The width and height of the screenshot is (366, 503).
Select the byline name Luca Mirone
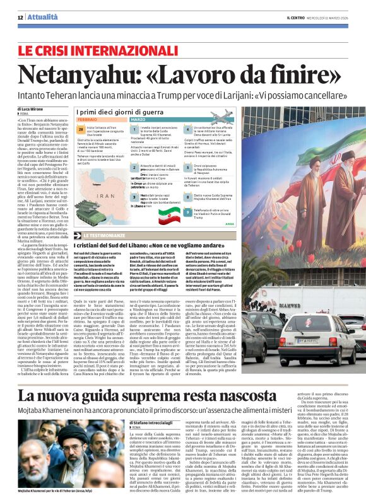coord(35,109)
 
